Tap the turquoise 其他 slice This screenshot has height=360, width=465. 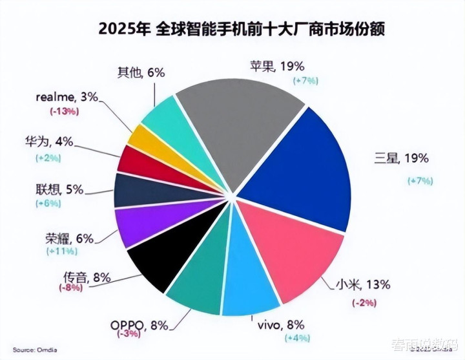tap(161, 116)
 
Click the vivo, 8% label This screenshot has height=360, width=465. tap(276, 325)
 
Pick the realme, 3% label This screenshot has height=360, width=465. tap(68, 98)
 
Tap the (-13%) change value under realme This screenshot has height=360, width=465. tap(64, 111)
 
